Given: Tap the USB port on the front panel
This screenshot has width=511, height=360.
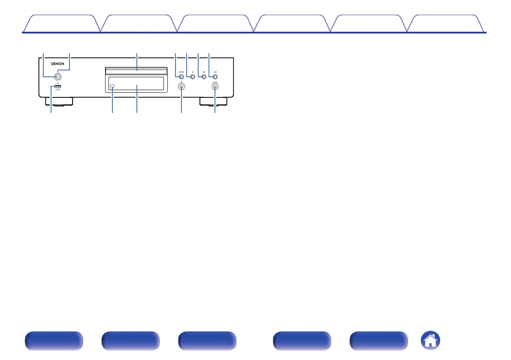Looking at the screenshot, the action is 57,88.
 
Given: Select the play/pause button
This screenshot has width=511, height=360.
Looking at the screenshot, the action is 181,77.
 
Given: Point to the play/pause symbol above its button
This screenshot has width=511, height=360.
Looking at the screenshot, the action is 181,72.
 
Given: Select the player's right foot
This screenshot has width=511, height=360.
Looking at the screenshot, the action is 213,102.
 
